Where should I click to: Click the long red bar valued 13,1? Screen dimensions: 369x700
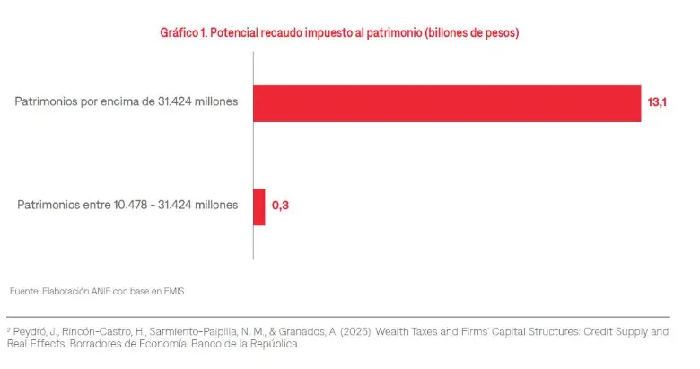(x=446, y=103)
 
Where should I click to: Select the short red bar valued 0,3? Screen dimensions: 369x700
(x=258, y=206)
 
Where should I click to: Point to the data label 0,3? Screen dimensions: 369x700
(x=280, y=206)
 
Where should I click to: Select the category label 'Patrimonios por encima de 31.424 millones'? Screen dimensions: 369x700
(x=127, y=102)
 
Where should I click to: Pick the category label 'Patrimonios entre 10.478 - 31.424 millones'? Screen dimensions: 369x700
(x=128, y=206)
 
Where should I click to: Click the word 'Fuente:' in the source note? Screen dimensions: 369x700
(x=25, y=292)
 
